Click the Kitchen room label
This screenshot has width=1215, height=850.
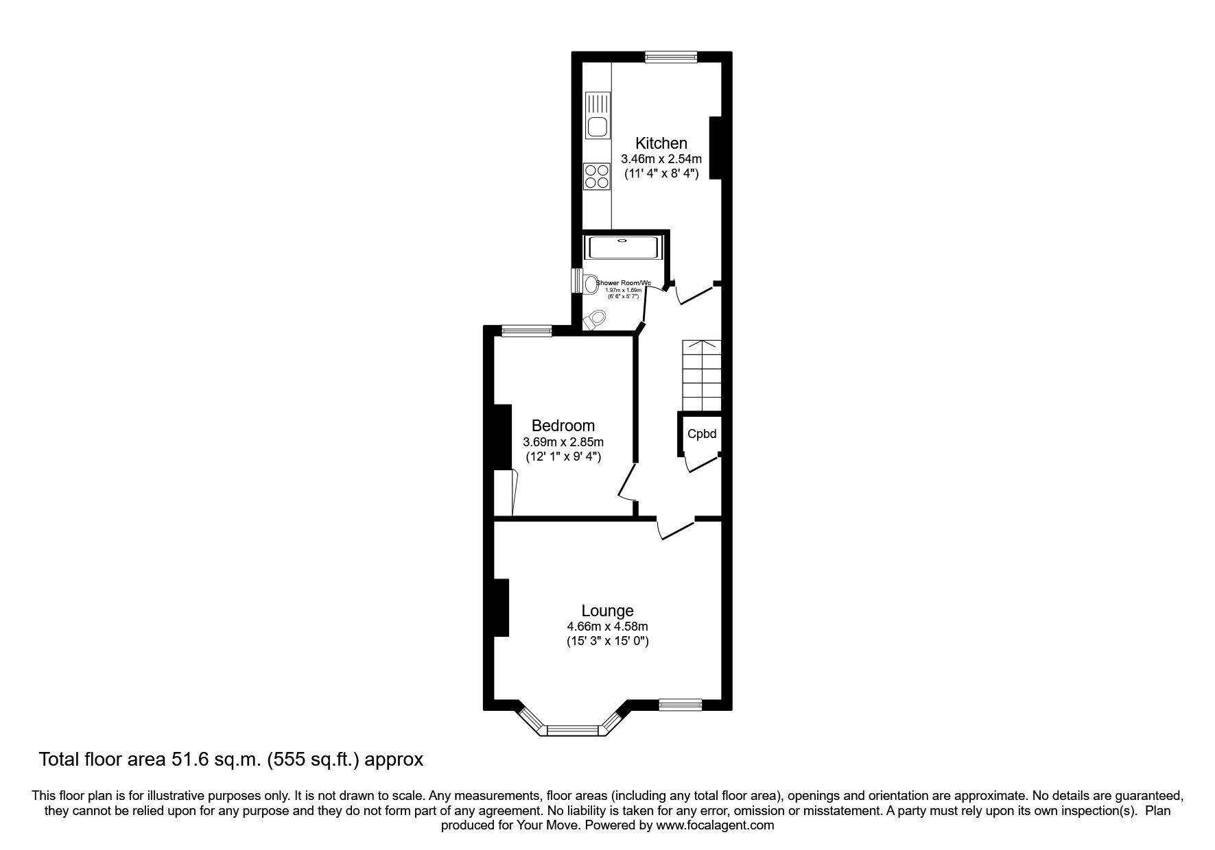661,143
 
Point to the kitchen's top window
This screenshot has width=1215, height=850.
670,58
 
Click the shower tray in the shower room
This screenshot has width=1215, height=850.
622,247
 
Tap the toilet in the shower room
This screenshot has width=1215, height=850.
596,319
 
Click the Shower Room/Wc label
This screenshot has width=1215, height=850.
623,283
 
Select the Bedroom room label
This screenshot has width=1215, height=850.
563,426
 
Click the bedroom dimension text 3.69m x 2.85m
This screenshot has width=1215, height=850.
563,442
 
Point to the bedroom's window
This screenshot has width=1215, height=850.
526,331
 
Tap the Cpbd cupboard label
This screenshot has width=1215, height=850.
702,434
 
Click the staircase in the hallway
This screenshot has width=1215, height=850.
701,375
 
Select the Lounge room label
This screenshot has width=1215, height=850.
607,610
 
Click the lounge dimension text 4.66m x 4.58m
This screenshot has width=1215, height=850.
607,627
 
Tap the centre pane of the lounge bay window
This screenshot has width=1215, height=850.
574,731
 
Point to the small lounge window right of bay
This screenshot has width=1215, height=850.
680,703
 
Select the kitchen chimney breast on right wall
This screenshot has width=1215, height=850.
716,148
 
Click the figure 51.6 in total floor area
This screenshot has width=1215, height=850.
181,760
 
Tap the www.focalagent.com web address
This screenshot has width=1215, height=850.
715,825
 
